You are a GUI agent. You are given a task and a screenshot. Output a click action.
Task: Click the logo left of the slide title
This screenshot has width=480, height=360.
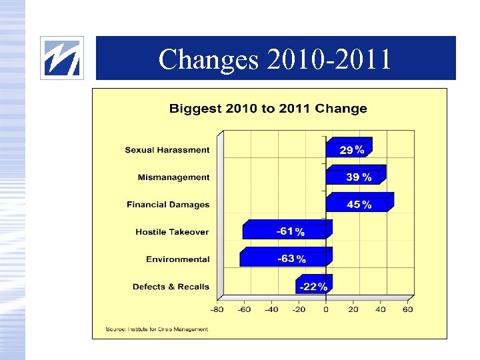coord(62,58)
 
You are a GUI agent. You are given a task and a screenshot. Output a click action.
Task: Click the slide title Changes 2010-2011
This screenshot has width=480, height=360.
coord(275,59)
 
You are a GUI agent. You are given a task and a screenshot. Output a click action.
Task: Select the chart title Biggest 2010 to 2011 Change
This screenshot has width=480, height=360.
coord(268,108)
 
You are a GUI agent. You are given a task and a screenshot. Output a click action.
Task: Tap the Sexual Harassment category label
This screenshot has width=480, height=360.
coord(167,150)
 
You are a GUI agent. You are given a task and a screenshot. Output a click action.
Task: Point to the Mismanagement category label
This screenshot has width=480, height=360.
coord(173,177)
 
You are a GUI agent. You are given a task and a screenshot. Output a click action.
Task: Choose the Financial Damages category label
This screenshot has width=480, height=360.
coord(168,205)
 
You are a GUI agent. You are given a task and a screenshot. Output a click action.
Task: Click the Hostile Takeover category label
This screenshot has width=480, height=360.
coord(172,232)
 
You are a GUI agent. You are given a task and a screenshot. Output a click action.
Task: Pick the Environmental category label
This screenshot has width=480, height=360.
coord(177,259)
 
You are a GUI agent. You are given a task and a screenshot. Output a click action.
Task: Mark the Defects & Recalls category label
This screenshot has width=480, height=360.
coord(171,287)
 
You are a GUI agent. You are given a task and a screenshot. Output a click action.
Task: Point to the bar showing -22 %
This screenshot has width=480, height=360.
coord(311,286)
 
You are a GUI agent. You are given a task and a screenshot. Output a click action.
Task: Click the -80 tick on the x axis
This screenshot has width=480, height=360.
coord(217,309)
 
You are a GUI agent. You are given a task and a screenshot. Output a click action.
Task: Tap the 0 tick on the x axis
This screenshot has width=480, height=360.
coord(326,309)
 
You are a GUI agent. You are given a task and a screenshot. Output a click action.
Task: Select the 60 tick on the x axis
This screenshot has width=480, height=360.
coord(408,309)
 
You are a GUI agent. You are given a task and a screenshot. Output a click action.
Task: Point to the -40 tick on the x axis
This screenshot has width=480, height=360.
coord(271,309)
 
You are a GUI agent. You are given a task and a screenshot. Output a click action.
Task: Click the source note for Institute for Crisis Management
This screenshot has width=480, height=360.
coord(157,329)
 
